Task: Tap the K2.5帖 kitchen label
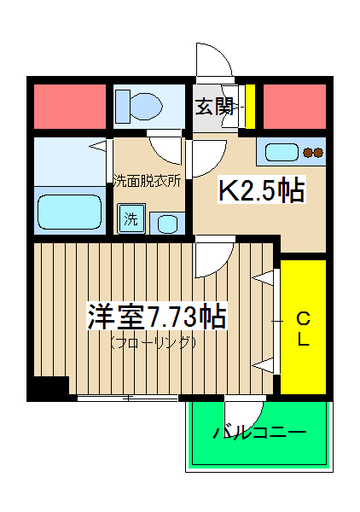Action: point(263,191)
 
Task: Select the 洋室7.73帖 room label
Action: point(155,317)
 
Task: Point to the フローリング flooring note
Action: point(154,342)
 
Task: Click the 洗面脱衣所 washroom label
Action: point(148,180)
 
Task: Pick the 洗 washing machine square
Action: point(131,218)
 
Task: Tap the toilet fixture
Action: point(139,106)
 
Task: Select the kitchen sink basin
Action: point(280,153)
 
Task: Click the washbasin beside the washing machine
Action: point(166,224)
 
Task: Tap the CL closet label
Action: point(303,329)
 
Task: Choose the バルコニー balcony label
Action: point(258,433)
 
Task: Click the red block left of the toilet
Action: point(68,105)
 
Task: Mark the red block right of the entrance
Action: point(293,105)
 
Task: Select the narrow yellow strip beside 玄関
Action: point(251,105)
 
